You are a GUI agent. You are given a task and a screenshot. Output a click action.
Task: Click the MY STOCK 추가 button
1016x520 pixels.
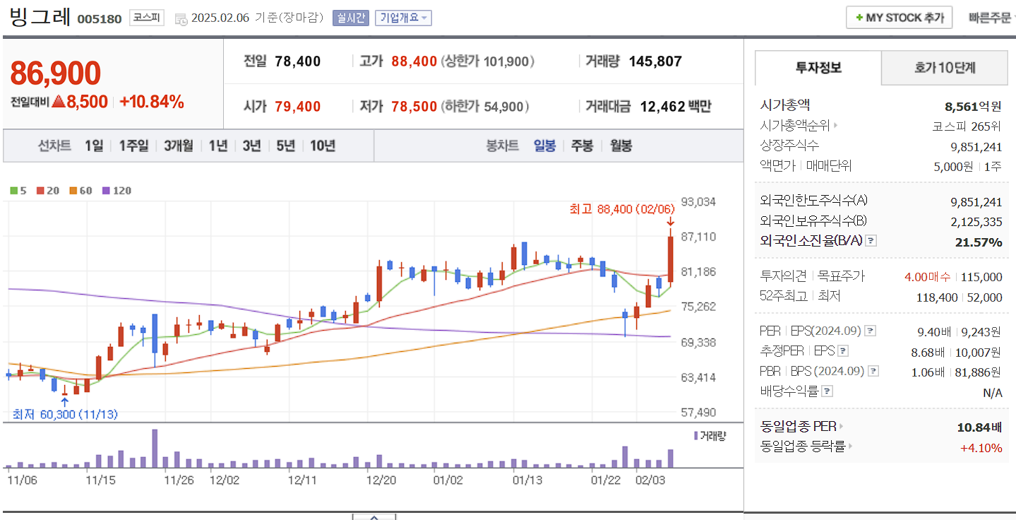(899, 18)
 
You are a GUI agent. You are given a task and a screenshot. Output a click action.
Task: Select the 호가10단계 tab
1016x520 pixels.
(945, 68)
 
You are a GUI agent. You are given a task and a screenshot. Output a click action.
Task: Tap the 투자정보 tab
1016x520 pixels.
(818, 68)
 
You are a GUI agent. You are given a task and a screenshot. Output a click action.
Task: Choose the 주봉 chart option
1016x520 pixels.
(582, 146)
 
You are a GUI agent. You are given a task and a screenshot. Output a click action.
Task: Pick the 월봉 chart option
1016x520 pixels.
(621, 146)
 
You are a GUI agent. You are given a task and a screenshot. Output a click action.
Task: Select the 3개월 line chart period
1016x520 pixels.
(178, 146)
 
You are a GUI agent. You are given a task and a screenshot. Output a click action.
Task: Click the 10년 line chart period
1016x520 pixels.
(323, 146)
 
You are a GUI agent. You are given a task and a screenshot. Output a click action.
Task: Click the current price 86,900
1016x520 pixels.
(56, 73)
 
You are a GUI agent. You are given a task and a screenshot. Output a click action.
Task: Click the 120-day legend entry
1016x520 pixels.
(117, 191)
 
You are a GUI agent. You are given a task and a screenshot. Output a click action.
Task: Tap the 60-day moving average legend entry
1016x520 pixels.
(81, 191)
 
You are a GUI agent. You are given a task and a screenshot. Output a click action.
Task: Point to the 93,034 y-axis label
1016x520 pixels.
(698, 202)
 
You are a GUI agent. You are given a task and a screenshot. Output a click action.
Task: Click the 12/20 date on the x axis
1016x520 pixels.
(381, 480)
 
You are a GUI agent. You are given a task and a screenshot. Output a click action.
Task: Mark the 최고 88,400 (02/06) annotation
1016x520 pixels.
(621, 208)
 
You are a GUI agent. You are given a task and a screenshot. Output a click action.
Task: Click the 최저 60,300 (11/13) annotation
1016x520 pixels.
(65, 414)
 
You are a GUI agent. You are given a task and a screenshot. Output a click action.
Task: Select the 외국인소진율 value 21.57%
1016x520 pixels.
(978, 242)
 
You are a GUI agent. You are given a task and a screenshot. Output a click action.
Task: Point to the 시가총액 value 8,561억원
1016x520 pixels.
(973, 107)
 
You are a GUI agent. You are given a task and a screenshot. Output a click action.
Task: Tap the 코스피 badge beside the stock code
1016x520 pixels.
(146, 18)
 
